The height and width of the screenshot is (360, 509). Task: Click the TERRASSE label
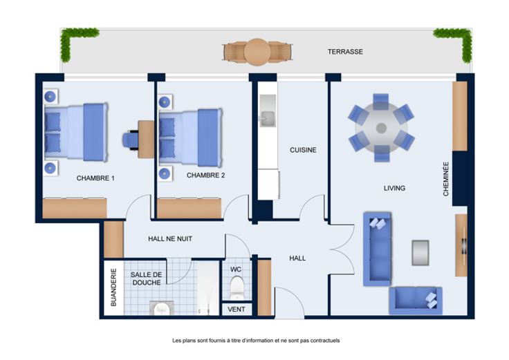pos(345,52)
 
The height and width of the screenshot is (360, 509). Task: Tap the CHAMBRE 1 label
pos(95,178)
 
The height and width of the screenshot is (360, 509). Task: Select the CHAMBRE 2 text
pos(205,176)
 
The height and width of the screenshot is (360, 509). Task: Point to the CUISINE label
pos(303,150)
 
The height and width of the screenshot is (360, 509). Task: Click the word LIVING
pos(394,188)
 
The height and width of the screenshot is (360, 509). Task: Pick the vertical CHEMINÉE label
pos(446,180)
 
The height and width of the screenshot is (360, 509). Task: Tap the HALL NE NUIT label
pos(170,239)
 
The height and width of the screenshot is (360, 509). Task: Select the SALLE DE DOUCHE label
pos(146,278)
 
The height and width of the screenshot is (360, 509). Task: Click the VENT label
pos(237,310)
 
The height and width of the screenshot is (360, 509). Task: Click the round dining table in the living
pos(381,128)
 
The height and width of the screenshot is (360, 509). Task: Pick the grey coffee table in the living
pos(420,252)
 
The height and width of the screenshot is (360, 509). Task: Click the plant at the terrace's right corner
pos(457,41)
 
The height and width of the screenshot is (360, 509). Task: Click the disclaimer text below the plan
pos(256,341)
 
